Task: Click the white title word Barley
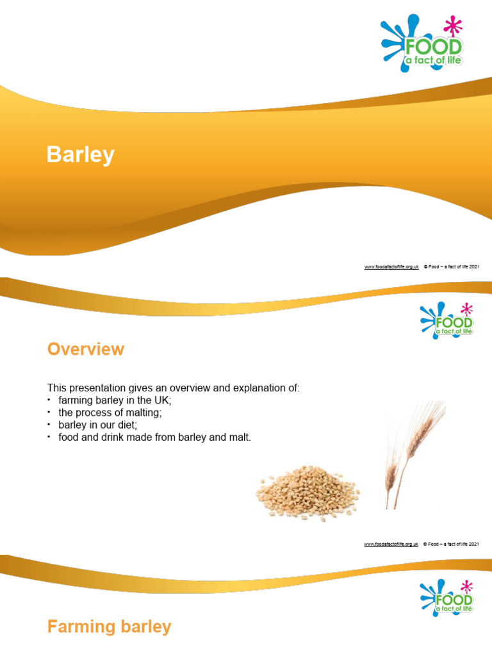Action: point(80,155)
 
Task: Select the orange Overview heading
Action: point(85,349)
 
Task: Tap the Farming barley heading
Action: point(109,627)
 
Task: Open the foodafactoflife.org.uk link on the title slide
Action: point(391,266)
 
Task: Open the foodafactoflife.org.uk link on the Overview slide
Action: point(391,544)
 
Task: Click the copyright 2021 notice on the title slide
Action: point(452,266)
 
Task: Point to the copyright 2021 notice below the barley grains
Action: point(452,544)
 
